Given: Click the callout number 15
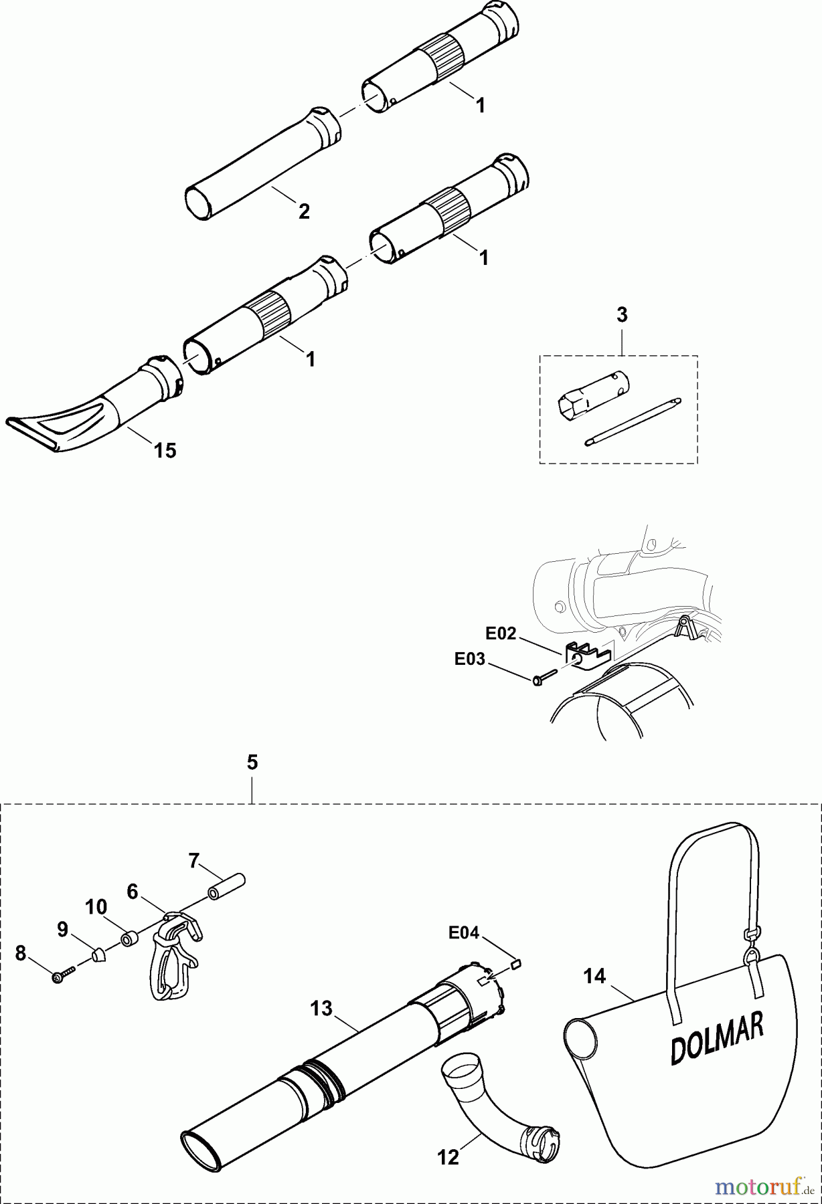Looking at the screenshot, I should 165,450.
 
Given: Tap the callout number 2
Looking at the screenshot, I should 304,212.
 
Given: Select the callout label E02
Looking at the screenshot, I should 501,633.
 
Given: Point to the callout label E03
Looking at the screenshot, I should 470,659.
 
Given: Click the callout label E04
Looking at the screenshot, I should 464,932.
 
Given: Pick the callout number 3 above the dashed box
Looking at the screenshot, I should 622,314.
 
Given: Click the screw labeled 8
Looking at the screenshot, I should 58,978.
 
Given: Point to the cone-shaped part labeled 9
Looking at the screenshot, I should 99,955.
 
